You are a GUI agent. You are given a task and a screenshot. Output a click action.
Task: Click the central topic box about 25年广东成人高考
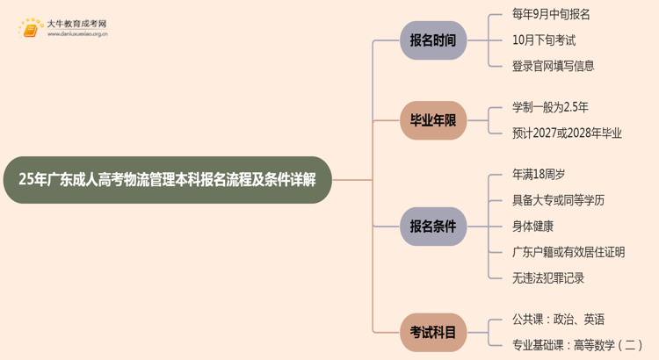click(167, 180)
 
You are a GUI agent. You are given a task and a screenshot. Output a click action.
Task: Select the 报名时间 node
click(433, 40)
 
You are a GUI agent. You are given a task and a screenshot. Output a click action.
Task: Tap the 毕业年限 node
click(433, 120)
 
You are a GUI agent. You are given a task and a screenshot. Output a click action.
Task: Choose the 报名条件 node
click(433, 227)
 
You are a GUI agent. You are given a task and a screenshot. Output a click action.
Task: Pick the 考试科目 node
click(433, 333)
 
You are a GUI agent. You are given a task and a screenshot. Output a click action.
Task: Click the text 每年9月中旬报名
click(551, 14)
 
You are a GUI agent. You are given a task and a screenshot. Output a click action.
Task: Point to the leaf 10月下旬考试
click(544, 40)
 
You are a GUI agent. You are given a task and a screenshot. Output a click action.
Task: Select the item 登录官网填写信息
click(553, 66)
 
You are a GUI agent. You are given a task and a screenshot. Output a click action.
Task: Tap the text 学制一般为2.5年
click(550, 107)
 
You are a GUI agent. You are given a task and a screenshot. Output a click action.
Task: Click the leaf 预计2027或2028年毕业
click(567, 133)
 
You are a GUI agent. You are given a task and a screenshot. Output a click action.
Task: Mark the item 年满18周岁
click(539, 175)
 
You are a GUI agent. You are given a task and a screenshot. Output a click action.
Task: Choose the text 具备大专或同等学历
click(558, 200)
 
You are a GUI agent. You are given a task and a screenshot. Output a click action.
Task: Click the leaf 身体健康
click(532, 227)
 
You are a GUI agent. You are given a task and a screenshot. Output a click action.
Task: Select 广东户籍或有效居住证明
click(568, 252)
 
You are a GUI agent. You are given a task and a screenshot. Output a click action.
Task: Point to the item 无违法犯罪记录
click(548, 278)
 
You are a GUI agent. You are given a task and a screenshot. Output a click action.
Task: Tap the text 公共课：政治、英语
click(558, 320)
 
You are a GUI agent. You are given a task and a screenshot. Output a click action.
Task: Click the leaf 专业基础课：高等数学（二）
click(577, 346)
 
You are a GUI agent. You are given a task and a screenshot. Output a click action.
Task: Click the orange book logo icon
click(30, 29)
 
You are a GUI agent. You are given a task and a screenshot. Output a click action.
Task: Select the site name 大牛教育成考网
click(76, 23)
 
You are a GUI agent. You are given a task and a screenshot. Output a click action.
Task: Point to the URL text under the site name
click(77, 35)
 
